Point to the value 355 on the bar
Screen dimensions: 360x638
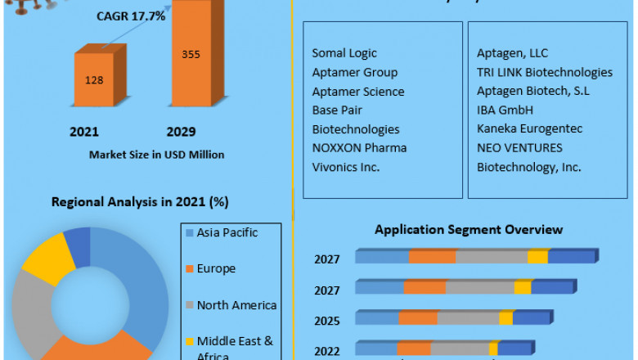click(x=190, y=55)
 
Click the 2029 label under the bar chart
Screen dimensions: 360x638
click(x=181, y=132)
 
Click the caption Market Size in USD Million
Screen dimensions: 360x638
click(x=156, y=154)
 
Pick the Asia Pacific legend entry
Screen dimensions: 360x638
click(x=224, y=232)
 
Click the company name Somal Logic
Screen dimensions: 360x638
click(x=344, y=53)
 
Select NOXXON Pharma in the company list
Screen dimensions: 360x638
click(x=359, y=148)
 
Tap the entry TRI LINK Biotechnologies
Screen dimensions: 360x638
click(x=544, y=72)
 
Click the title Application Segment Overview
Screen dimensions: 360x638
click(x=469, y=230)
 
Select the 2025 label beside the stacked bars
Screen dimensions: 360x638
click(x=326, y=318)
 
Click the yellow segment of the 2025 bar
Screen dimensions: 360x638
click(x=505, y=317)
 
